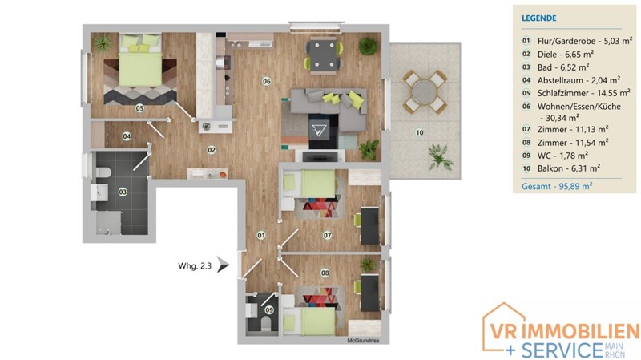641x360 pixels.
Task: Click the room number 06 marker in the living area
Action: pos(267,82)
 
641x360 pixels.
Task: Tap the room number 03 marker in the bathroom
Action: pos(123,192)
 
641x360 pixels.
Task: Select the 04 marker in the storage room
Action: pos(127,136)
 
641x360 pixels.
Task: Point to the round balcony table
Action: pos(425,91)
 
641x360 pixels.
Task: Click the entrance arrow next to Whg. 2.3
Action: pos(223,265)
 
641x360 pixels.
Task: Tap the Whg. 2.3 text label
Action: pos(195,266)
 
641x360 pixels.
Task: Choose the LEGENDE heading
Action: pos(538,18)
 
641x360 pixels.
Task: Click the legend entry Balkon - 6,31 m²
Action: pos(569,168)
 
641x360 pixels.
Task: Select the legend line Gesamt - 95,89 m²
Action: pos(557,186)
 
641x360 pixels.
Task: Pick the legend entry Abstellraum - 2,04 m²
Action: pos(579,80)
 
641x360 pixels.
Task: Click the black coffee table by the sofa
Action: pos(324,131)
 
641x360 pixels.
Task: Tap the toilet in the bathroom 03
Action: pos(103,173)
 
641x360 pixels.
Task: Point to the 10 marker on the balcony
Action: pos(419,132)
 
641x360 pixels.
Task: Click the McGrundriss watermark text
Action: pos(363,341)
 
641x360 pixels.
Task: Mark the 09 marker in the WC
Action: pos(269,310)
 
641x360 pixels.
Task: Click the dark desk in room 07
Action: pos(370,226)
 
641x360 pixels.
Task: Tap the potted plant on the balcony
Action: pos(440,156)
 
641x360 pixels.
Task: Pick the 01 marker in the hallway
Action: pos(261,235)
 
